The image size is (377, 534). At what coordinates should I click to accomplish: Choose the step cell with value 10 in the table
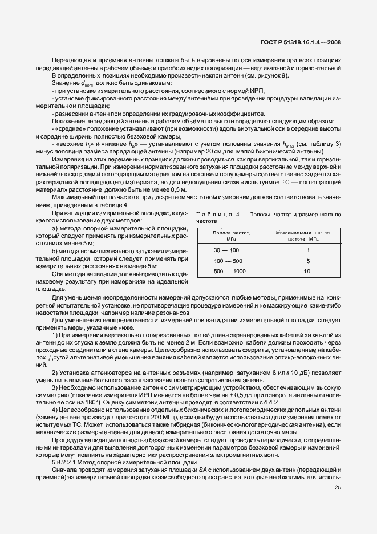pos(307,272)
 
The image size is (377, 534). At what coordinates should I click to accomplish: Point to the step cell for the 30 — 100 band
pos(307,250)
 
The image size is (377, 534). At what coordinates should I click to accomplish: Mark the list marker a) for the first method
pos(55,228)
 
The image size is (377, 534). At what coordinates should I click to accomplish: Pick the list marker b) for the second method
pos(55,251)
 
